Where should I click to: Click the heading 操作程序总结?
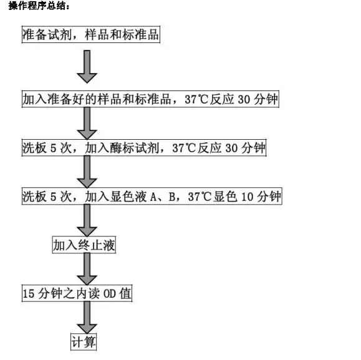39,6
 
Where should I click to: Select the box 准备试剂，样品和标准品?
91,34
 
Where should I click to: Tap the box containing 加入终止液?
84,245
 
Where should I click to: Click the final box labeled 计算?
84,342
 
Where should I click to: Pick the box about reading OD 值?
77,293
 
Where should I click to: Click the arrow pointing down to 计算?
87,318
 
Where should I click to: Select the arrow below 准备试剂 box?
87,67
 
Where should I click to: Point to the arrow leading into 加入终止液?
87,220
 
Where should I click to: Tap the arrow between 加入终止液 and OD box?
87,269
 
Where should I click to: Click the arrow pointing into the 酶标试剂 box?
87,124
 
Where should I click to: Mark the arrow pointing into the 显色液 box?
87,172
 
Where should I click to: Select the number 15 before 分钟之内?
29,294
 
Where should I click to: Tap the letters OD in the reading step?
110,294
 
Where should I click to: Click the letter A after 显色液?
153,197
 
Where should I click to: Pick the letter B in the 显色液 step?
171,197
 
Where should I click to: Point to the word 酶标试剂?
135,148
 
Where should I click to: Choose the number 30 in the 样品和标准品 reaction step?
244,99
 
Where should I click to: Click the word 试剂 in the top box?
60,34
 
